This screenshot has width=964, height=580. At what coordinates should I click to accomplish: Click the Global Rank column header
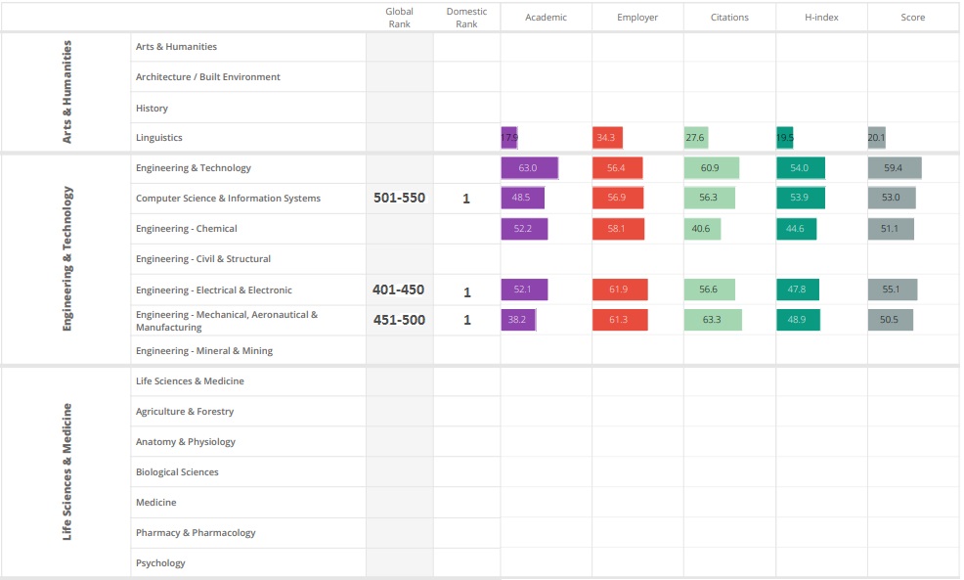(x=399, y=18)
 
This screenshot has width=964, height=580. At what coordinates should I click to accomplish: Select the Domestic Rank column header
(x=466, y=18)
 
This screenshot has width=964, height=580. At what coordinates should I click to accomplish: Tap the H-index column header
(x=821, y=18)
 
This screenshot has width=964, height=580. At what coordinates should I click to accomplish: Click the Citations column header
(x=729, y=18)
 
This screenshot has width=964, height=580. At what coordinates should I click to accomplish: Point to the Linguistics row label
(x=159, y=138)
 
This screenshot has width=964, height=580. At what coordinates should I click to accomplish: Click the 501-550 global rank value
(x=399, y=198)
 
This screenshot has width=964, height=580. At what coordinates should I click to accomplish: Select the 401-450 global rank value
(x=399, y=290)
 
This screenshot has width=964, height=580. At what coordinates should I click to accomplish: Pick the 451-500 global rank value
(x=399, y=320)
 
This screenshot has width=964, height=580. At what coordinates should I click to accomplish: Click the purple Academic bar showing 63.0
(x=529, y=168)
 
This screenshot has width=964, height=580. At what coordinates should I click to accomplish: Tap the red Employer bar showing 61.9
(x=619, y=290)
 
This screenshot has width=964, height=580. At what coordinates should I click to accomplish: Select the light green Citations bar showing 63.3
(x=713, y=320)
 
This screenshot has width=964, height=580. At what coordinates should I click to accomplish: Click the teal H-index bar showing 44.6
(x=796, y=229)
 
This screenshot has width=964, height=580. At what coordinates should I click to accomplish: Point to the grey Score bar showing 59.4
(x=894, y=168)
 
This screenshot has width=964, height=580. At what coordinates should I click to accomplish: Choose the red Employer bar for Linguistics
(x=607, y=138)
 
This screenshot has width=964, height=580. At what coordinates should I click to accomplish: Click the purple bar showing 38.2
(x=518, y=320)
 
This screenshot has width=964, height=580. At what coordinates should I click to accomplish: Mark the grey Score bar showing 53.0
(x=891, y=199)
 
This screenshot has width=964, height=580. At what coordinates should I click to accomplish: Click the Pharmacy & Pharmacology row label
(x=196, y=533)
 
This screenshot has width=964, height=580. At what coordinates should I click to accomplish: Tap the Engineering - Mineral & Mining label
(x=204, y=351)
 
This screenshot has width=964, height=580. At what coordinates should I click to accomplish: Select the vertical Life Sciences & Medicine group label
(x=67, y=471)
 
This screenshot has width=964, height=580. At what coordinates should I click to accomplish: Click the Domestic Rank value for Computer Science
(x=466, y=199)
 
